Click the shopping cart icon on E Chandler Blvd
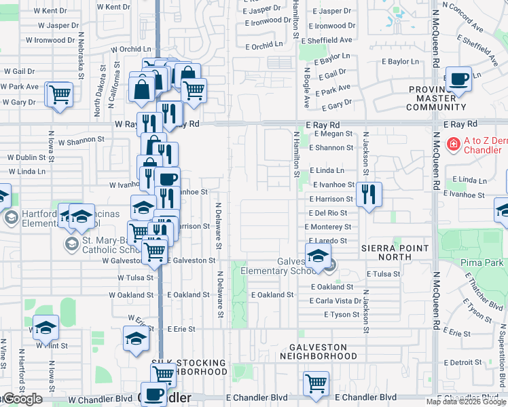tap(316, 383)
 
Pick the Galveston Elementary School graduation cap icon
tap(317, 257)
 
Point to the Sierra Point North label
tap(395, 248)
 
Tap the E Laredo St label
tap(329, 241)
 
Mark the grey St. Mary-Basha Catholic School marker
tap(70, 243)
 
